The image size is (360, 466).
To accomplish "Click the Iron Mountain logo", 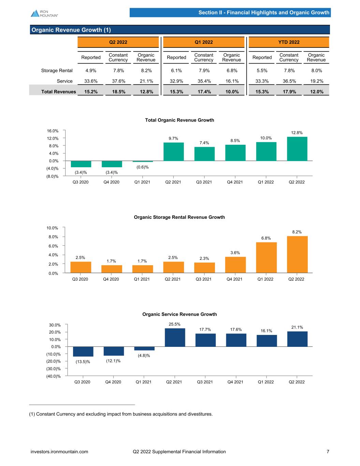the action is (44, 13).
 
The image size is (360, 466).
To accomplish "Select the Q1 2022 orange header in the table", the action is (204, 42).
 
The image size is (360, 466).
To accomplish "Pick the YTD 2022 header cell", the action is (289, 42).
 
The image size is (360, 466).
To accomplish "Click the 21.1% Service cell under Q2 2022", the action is (146, 81).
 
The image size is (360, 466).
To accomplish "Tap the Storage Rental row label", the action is (57, 71).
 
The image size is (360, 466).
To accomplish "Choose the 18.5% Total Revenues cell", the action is (119, 91).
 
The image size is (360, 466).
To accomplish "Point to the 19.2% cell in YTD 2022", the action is (317, 81).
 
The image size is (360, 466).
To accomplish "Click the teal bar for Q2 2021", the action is (174, 152).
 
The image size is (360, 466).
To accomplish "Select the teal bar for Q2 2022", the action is (297, 149).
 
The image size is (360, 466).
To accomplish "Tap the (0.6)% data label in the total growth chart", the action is (143, 167).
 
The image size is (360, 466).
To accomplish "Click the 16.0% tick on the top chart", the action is (53, 131).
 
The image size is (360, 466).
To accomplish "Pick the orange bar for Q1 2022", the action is (267, 257).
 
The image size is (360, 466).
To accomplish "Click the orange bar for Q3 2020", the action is (81, 267).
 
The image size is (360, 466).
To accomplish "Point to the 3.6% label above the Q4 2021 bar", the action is (235, 253).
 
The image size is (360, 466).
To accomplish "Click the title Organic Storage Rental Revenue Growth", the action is (179, 217).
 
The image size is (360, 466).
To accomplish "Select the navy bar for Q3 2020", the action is (83, 352).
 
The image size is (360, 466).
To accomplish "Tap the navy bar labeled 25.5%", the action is (175, 337).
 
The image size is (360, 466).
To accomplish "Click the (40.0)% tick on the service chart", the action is (54, 376).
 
